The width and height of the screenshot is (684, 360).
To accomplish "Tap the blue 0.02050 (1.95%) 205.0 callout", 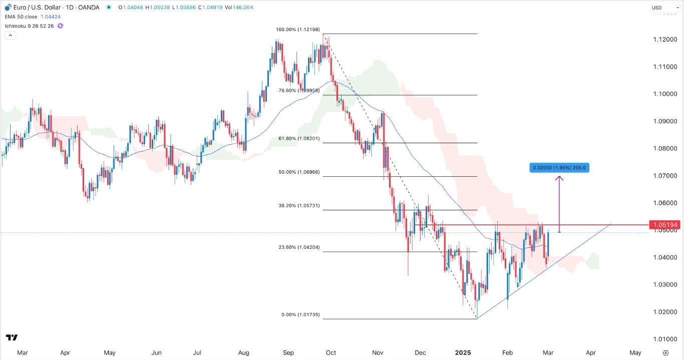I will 559,168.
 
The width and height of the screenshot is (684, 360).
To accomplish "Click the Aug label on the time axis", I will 243,352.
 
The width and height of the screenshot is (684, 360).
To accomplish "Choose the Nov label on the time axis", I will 378,352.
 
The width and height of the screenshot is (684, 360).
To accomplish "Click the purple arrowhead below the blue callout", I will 559,179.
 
